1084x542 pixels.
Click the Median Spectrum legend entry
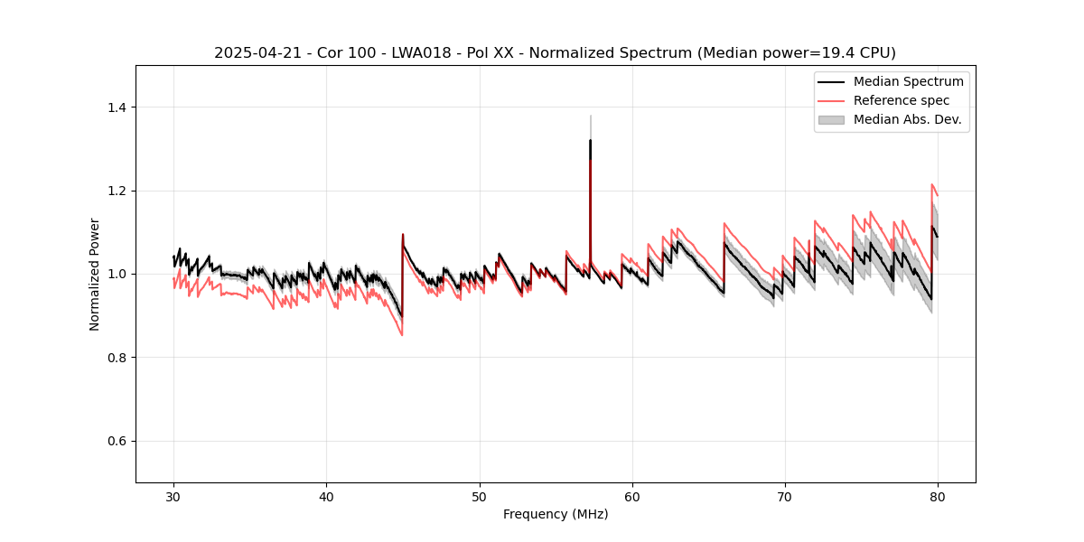click(908, 81)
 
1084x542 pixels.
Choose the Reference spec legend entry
click(902, 100)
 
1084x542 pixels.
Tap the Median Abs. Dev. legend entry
click(907, 119)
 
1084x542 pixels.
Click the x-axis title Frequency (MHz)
click(556, 514)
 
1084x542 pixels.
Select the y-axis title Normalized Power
click(95, 274)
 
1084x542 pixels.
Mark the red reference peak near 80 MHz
click(932, 184)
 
